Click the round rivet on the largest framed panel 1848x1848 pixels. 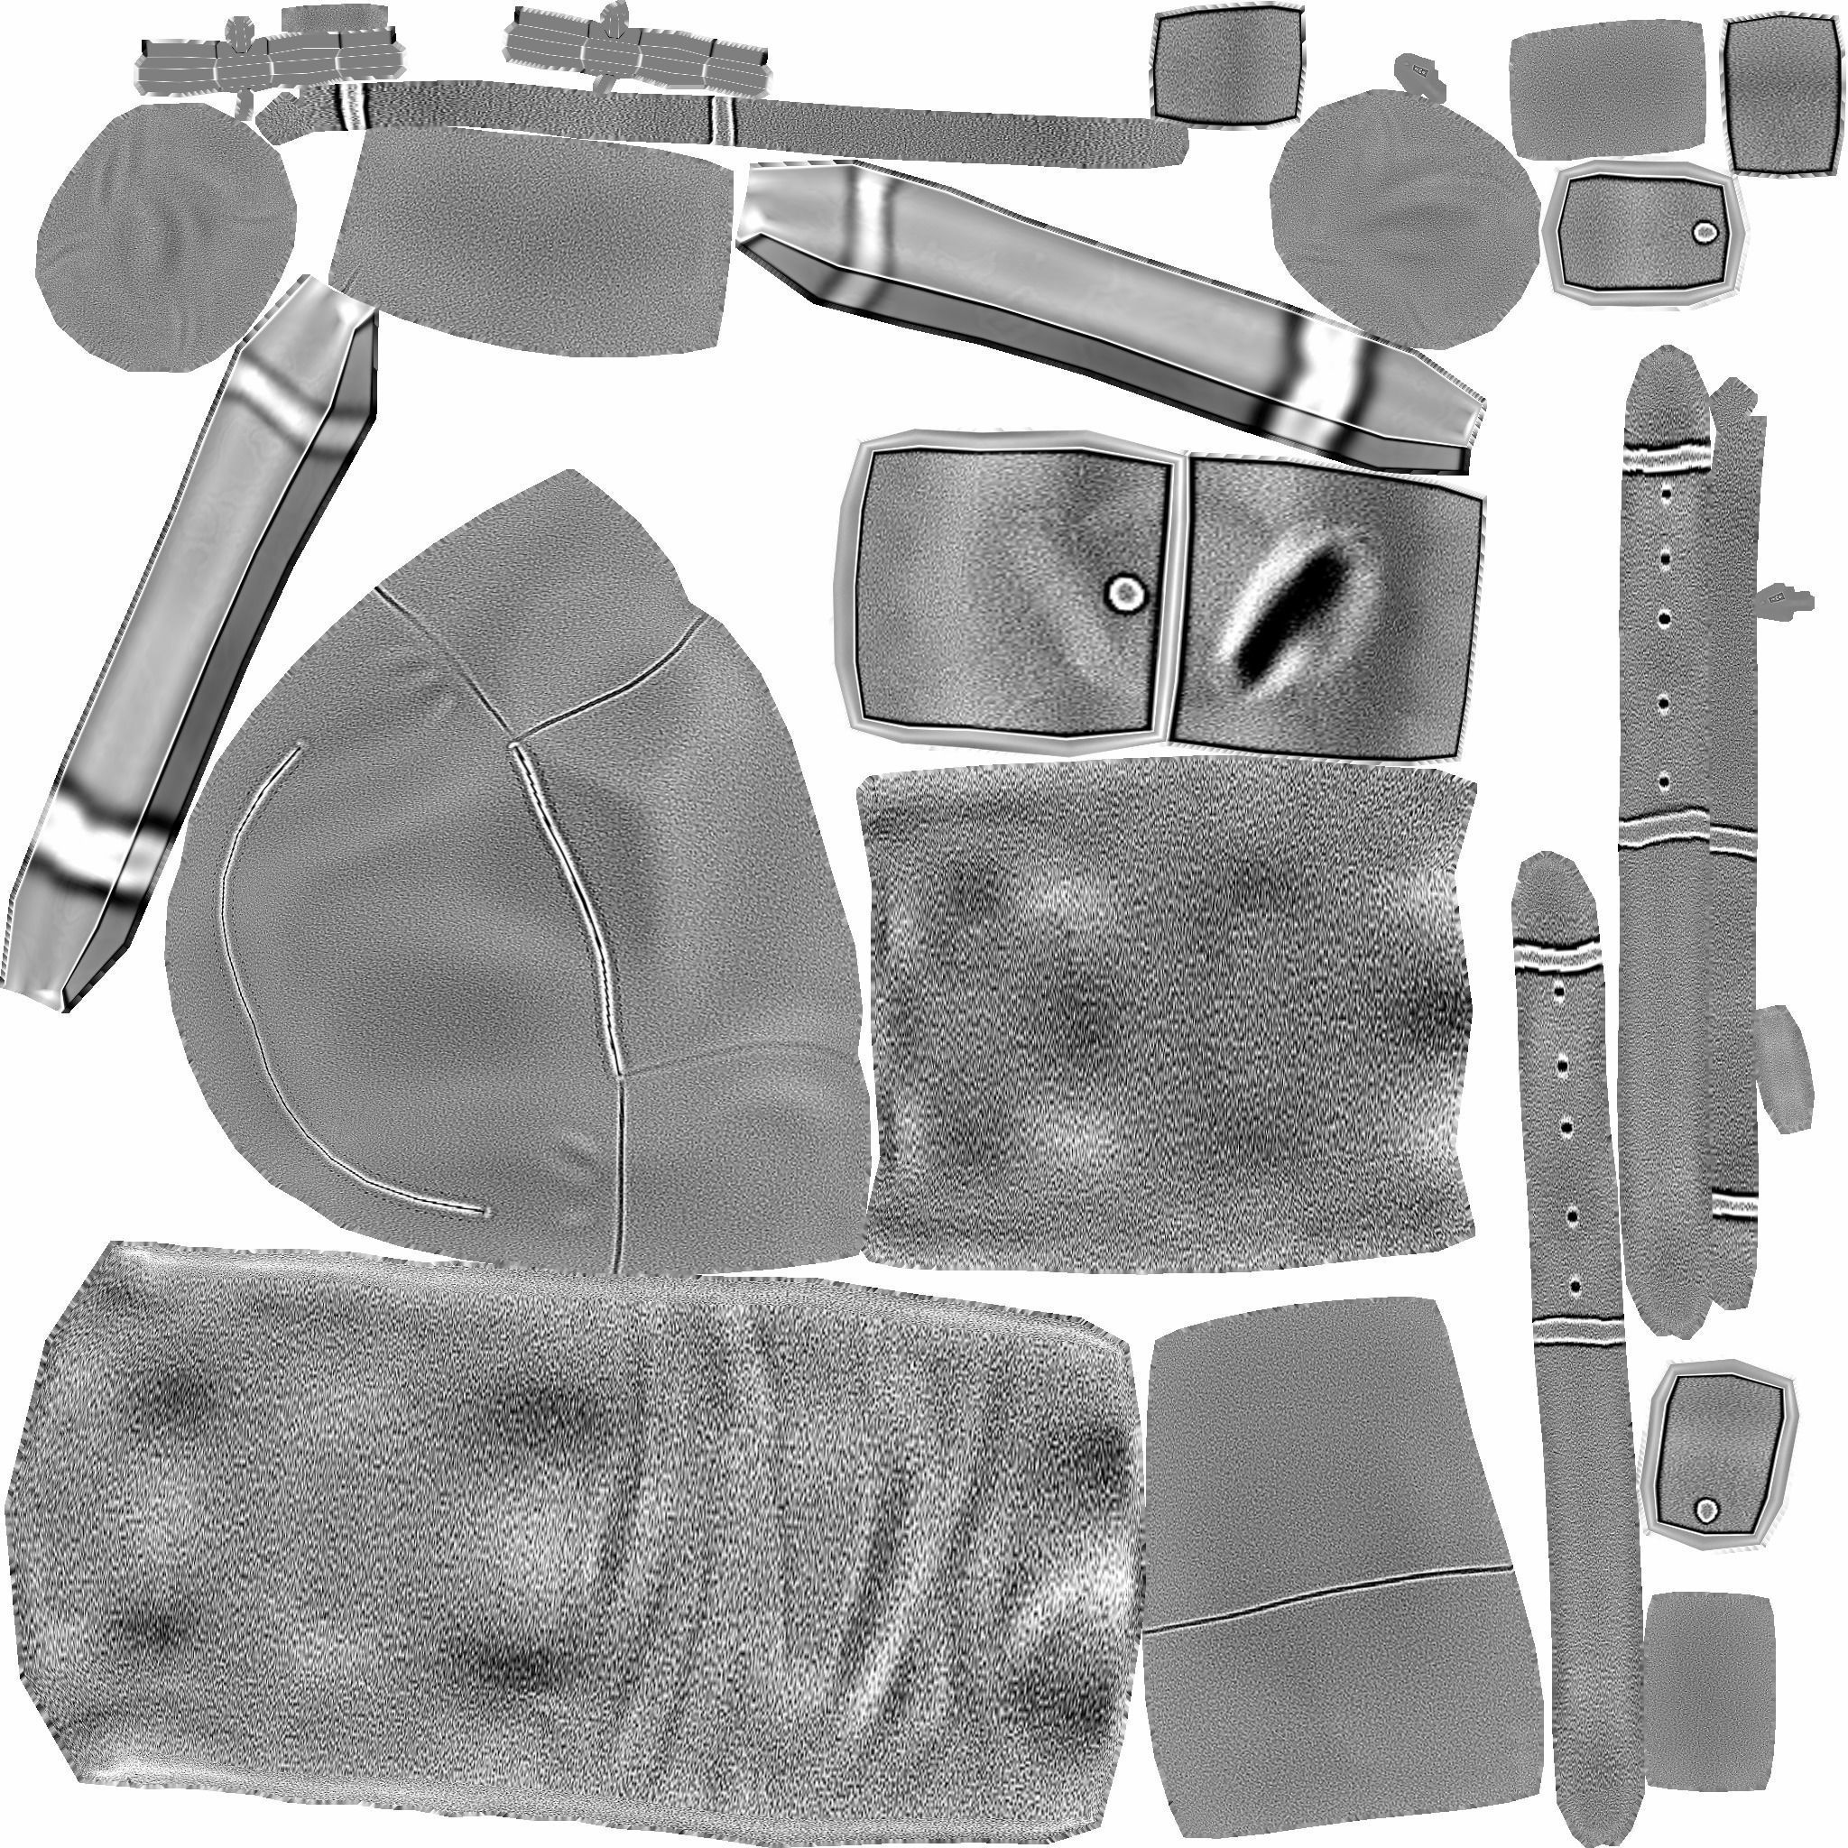1126,594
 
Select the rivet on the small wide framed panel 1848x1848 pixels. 1704,232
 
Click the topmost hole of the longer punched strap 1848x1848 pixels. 1667,494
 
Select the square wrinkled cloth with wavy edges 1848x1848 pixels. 1167,1023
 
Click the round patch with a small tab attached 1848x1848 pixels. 1406,220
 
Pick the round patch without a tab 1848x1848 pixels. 162,239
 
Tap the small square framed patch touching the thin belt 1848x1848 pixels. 1227,64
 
